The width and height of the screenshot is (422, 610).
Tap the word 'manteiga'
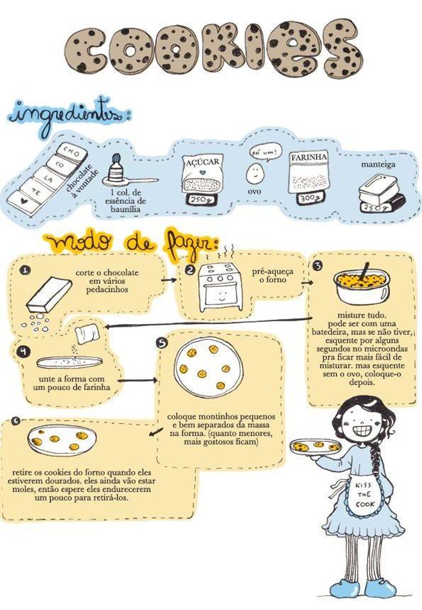coord(378,164)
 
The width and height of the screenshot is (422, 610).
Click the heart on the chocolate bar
coord(24,201)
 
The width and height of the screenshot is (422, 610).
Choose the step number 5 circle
coord(161,343)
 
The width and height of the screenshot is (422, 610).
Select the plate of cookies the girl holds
coord(316,446)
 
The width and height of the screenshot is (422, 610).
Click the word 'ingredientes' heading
coord(65,115)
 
